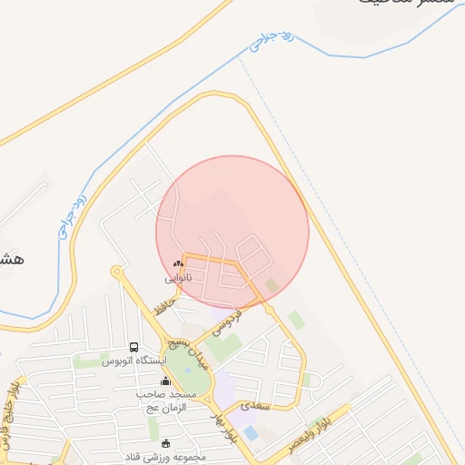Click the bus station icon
point(134,348)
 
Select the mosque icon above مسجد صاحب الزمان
point(165,381)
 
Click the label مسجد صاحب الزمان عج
point(169,401)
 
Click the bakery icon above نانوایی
point(178,264)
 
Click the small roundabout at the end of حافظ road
point(116,271)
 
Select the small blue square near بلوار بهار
point(250,433)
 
